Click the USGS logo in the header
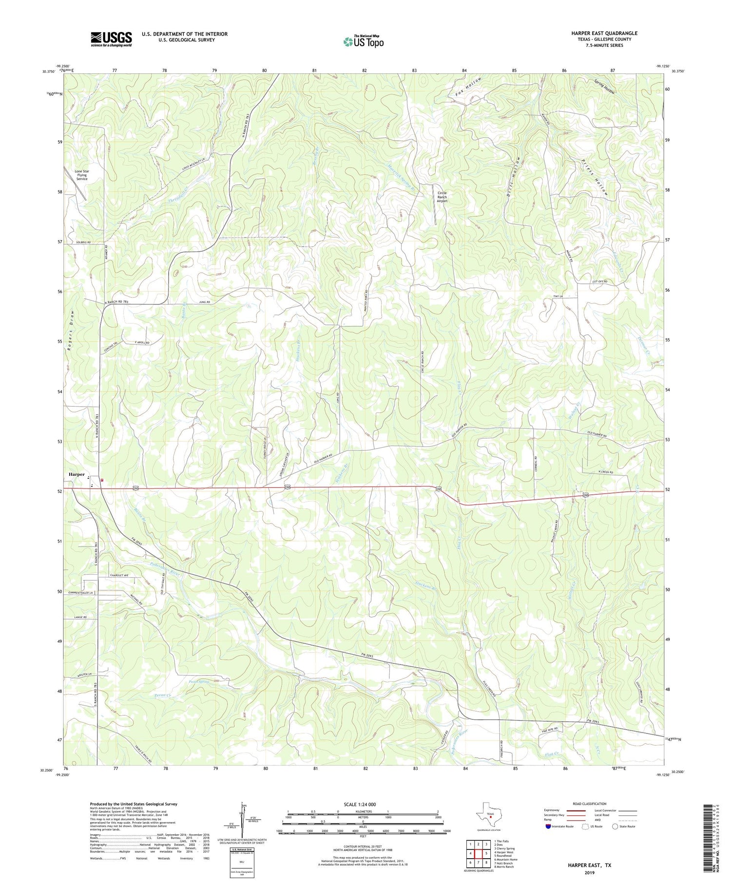tap(111, 39)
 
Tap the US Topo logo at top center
tap(363, 41)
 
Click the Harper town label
tap(77, 474)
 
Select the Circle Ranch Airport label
tap(442, 197)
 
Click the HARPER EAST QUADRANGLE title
tap(604, 33)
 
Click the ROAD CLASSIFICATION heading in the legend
tap(590, 804)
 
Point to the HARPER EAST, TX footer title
tap(589, 865)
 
